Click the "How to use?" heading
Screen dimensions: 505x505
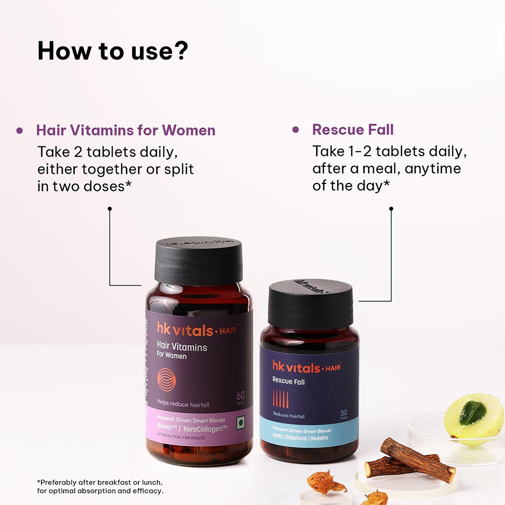113,50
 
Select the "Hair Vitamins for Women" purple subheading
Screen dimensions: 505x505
126,130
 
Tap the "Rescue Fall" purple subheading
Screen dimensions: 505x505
352,130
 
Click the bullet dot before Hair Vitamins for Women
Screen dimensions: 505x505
20,130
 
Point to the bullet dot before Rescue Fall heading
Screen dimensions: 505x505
295,130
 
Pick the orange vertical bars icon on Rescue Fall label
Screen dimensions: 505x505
280,399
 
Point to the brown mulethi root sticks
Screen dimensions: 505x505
410,461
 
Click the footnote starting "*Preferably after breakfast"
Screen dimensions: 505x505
100,486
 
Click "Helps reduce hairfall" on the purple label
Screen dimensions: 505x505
183,405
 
